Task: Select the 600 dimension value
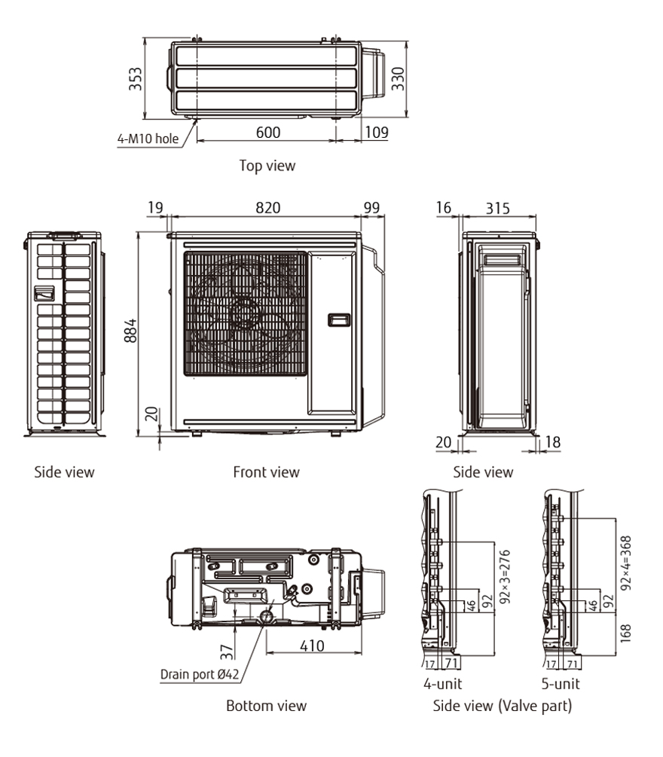tap(267, 133)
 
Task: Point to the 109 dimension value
tap(376, 133)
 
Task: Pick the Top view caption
tap(267, 165)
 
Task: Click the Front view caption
tap(266, 472)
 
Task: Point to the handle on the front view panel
tap(339, 319)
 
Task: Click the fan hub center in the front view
tap(245, 311)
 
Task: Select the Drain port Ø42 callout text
tap(200, 674)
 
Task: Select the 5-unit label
tap(562, 685)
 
